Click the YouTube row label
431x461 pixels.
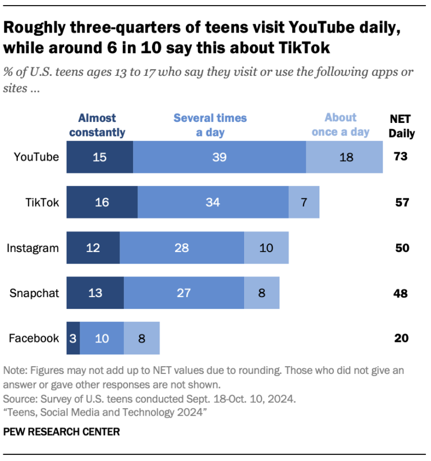click(36, 157)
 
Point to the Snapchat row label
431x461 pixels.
click(35, 293)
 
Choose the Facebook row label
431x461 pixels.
click(34, 338)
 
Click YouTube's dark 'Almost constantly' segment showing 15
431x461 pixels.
click(100, 157)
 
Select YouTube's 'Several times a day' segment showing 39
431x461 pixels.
click(219, 157)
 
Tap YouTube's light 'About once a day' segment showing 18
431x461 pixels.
click(345, 157)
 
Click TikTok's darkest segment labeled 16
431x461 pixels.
click(102, 202)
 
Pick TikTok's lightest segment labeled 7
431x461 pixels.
click(304, 202)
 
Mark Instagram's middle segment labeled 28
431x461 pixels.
click(182, 248)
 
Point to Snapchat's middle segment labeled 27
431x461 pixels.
click(184, 293)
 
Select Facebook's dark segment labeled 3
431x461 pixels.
click(73, 338)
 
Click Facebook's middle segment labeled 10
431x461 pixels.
click(102, 338)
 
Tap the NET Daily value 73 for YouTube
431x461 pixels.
click(400, 157)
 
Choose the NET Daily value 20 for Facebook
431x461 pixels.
click(400, 338)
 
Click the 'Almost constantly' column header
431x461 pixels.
click(97, 125)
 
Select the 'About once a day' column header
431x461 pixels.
click(340, 125)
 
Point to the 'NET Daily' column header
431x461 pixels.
click(402, 126)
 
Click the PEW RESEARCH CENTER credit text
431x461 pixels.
click(61, 432)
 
